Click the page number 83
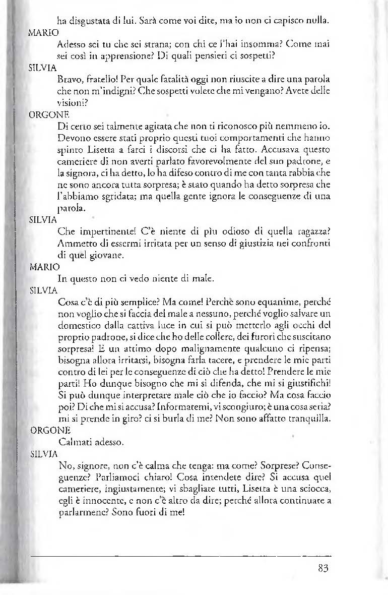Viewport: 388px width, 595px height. (x=324, y=568)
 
